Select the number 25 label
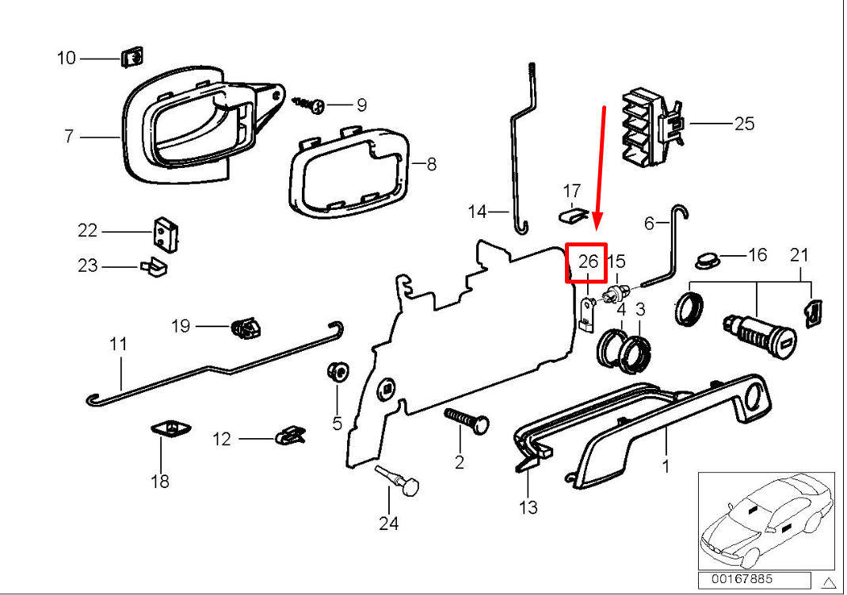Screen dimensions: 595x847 click(x=744, y=124)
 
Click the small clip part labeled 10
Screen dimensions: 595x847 click(x=132, y=59)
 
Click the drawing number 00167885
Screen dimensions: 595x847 click(x=741, y=579)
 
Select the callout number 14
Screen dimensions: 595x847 click(x=477, y=212)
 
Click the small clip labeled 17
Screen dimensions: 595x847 click(x=571, y=213)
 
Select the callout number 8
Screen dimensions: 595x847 click(x=431, y=165)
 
